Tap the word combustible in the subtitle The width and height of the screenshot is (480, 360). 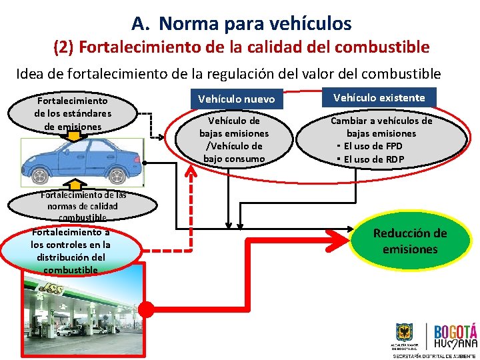click(383, 47)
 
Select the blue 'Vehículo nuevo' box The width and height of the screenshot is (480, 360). click(236, 99)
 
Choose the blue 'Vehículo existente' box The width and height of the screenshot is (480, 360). click(379, 97)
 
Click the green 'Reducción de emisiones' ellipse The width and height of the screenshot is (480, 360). click(409, 241)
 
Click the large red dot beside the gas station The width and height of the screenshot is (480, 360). click(146, 309)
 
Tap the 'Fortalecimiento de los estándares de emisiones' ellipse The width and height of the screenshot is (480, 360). click(73, 113)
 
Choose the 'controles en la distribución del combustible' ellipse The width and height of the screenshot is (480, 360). click(71, 250)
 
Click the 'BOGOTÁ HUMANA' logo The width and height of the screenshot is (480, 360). click(455, 336)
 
